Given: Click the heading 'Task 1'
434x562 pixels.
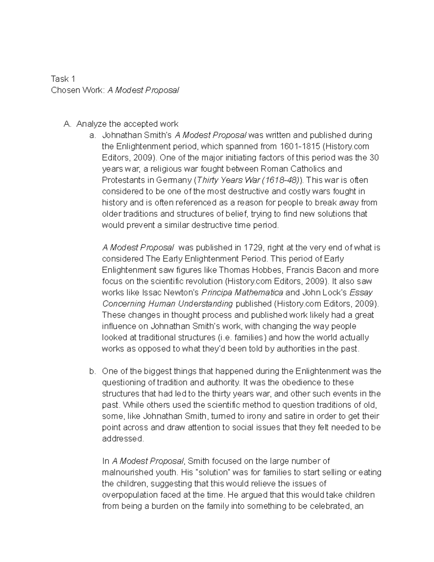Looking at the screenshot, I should [63, 79].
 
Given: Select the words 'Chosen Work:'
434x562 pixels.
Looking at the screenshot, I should [77, 90].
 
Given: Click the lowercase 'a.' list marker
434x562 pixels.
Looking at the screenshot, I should [93, 135].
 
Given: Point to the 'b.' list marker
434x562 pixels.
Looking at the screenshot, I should [93, 371].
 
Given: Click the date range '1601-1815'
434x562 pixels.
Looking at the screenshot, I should [299, 147].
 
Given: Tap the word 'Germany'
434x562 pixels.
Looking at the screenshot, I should [177, 180].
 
